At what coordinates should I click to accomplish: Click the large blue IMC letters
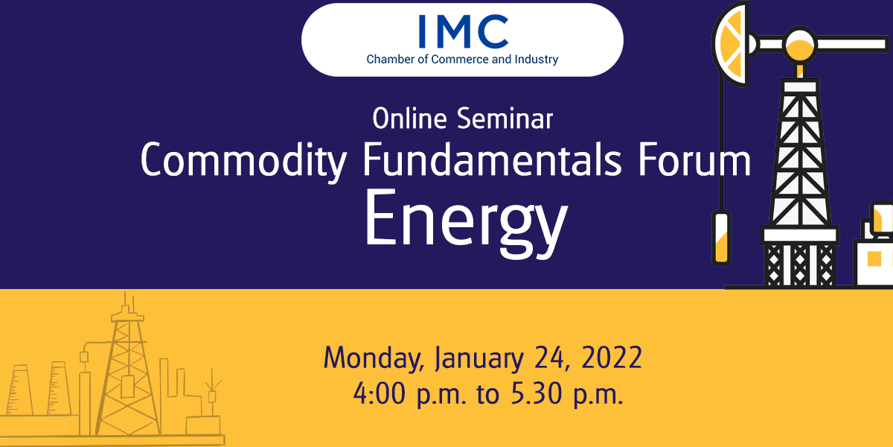pyautogui.click(x=464, y=31)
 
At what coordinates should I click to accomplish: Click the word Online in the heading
pyautogui.click(x=409, y=118)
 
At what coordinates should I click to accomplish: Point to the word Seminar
pyautogui.click(x=505, y=118)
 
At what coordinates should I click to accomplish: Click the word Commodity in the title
pyautogui.click(x=243, y=160)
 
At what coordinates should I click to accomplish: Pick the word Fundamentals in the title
pyautogui.click(x=492, y=159)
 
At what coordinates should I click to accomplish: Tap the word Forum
pyautogui.click(x=694, y=159)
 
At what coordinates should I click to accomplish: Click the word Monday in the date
pyautogui.click(x=374, y=359)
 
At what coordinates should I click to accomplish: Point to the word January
pyautogui.click(x=478, y=359)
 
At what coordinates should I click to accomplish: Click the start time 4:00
pyautogui.click(x=379, y=393)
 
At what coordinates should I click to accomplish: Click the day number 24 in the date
pyautogui.click(x=549, y=358)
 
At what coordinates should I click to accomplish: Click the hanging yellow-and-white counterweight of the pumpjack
pyautogui.click(x=721, y=238)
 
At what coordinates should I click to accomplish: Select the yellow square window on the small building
pyautogui.click(x=874, y=259)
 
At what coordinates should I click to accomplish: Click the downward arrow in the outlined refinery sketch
pyautogui.click(x=213, y=379)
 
